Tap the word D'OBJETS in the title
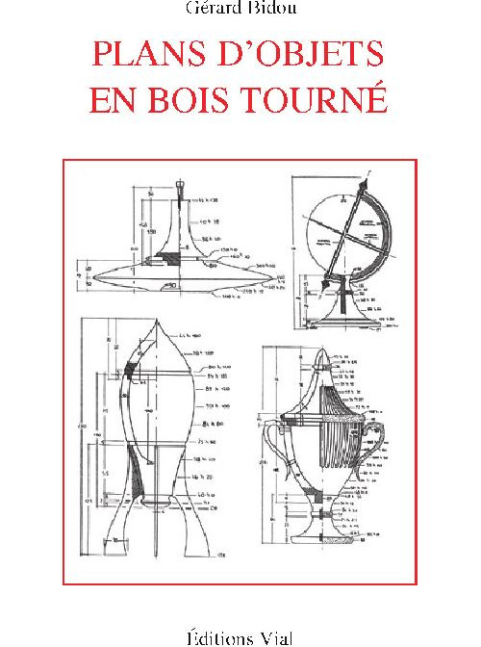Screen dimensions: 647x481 (x=293, y=53)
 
